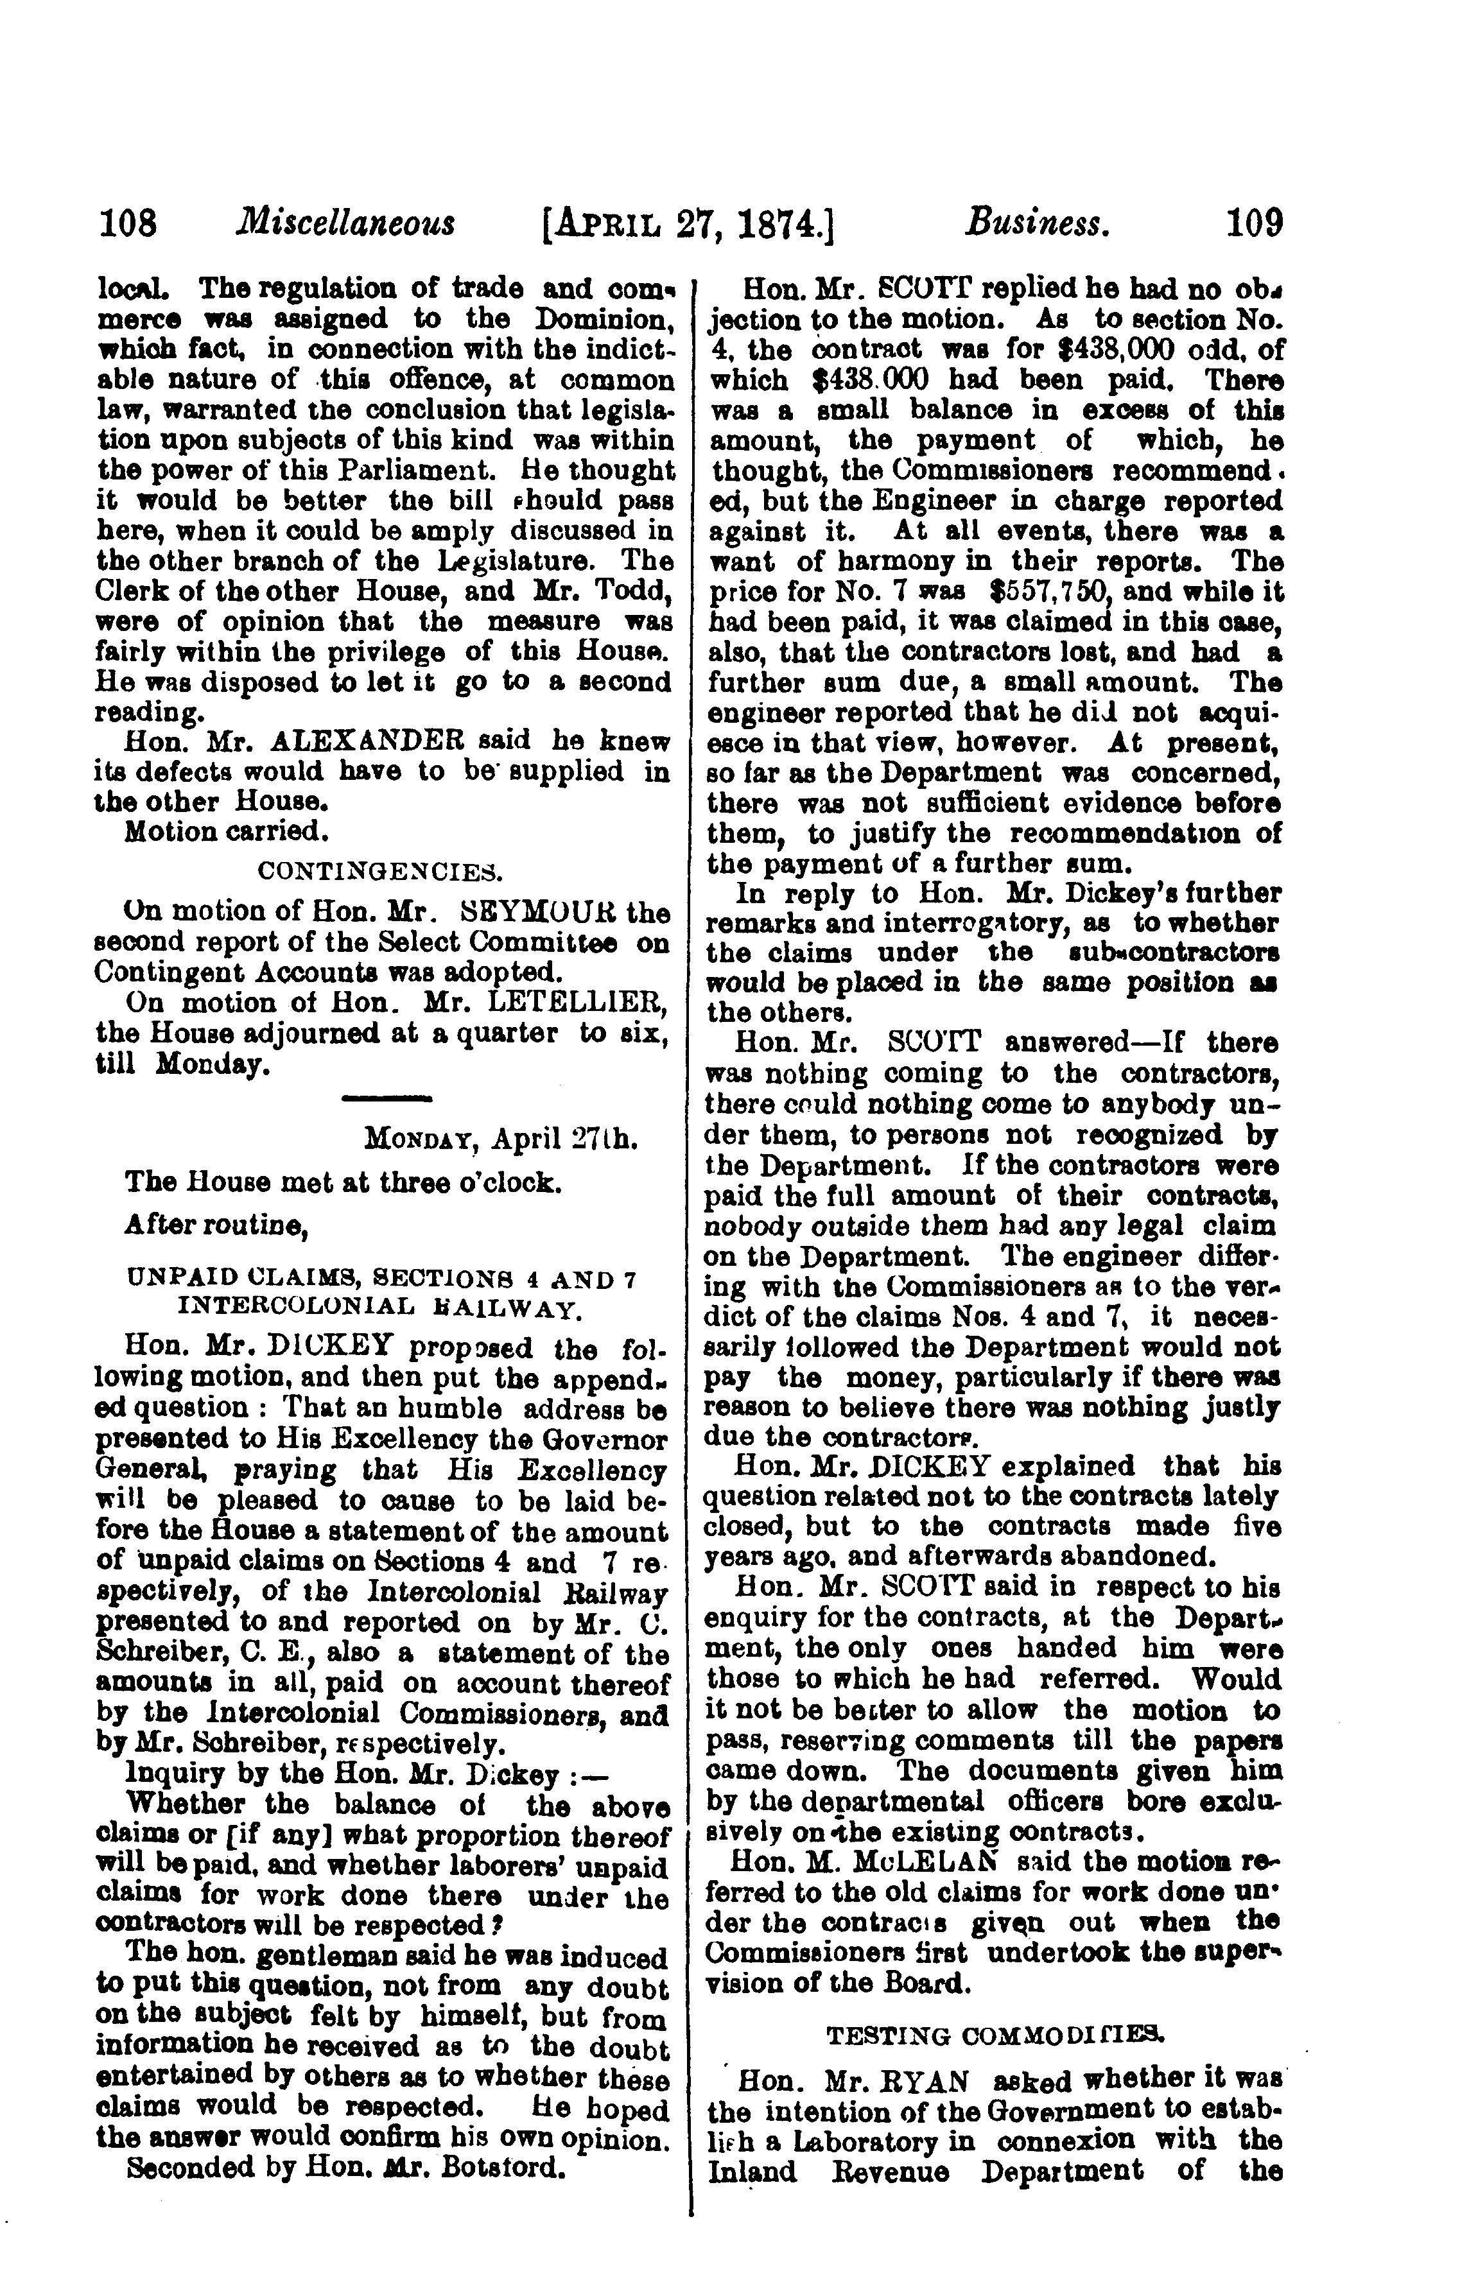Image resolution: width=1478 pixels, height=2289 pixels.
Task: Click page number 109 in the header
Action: (1253, 223)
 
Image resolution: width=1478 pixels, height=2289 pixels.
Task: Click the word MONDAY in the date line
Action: (421, 1140)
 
